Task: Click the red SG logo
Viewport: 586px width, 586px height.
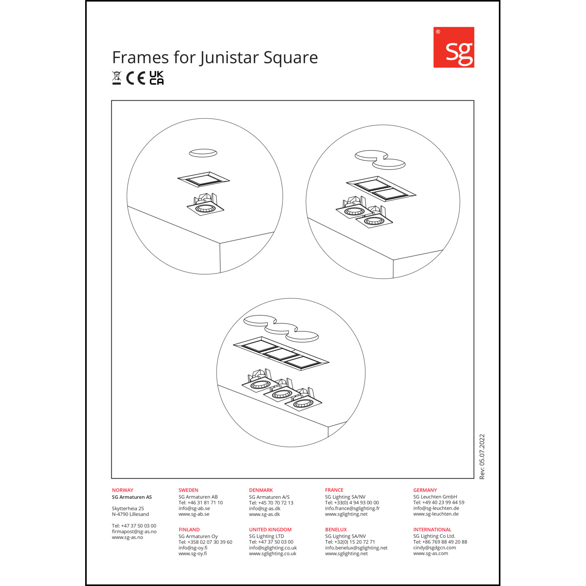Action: (x=454, y=47)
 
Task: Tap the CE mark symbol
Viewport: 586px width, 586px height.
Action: (x=136, y=78)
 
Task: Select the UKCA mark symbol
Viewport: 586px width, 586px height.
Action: (x=157, y=78)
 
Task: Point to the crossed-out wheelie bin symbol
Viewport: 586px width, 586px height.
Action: (x=116, y=78)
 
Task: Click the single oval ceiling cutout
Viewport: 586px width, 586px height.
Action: (x=203, y=153)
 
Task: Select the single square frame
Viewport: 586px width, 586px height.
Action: (x=204, y=179)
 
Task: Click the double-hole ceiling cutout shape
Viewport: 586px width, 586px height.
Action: (x=380, y=160)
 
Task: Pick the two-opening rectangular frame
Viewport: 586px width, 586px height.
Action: (x=381, y=189)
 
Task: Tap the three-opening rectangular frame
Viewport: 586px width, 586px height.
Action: (x=281, y=353)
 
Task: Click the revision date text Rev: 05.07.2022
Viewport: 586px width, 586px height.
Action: (x=482, y=457)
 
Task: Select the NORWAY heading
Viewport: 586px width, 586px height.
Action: (x=123, y=490)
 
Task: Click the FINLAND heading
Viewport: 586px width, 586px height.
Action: (x=189, y=529)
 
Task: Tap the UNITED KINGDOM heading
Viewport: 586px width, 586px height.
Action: (x=270, y=529)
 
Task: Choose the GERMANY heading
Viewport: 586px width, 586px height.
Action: (x=425, y=490)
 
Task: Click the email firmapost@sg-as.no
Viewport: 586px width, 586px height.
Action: (x=134, y=532)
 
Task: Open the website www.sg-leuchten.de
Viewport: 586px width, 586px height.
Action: (x=436, y=514)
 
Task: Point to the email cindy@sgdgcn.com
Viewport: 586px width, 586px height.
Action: (x=434, y=548)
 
